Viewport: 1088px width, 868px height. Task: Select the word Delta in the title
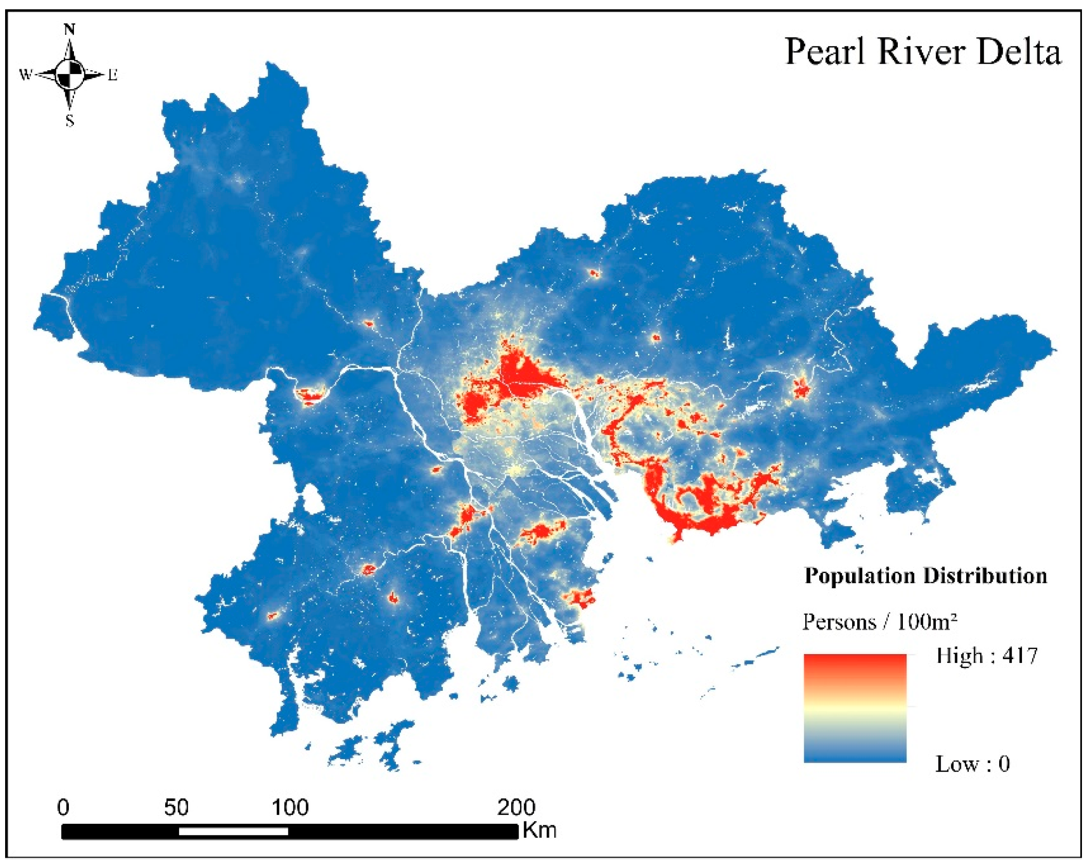click(x=1019, y=53)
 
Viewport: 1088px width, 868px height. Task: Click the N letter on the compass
click(x=70, y=30)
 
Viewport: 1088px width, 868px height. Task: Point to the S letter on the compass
click(x=70, y=121)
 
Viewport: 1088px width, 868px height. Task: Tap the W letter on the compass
click(x=25, y=75)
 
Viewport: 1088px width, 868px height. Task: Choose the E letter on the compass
click(x=113, y=75)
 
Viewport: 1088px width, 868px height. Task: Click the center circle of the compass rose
click(x=70, y=75)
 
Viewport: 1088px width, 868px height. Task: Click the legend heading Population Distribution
click(x=926, y=576)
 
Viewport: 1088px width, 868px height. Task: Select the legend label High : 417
click(x=987, y=656)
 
